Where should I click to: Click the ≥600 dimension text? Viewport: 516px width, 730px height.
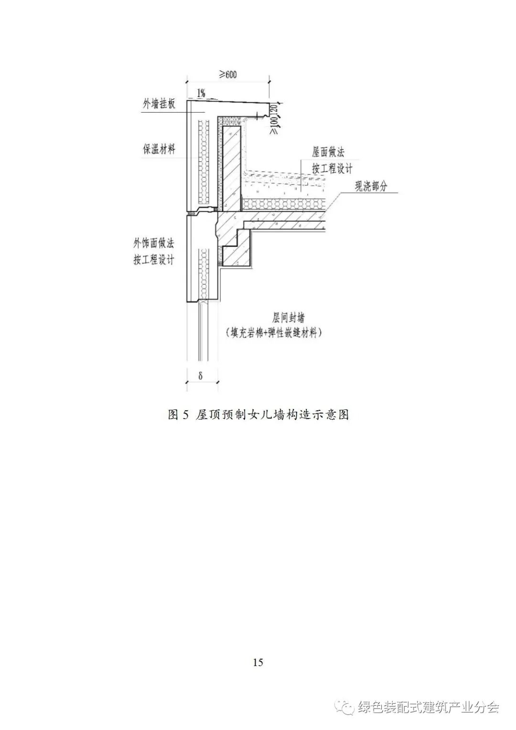pyautogui.click(x=228, y=75)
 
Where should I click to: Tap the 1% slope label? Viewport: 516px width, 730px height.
pyautogui.click(x=201, y=93)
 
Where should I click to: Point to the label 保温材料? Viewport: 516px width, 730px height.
pyautogui.click(x=159, y=149)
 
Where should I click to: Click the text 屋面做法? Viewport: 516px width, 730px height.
pyautogui.click(x=328, y=152)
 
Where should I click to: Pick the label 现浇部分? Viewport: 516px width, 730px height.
pyautogui.click(x=370, y=186)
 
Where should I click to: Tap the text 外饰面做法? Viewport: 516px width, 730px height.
pyautogui.click(x=154, y=243)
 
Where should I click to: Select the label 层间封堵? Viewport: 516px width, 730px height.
pyautogui.click(x=289, y=318)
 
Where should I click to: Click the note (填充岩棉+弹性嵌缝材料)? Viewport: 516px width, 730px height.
pyautogui.click(x=274, y=333)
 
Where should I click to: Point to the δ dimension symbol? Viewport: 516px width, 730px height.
pyautogui.click(x=201, y=376)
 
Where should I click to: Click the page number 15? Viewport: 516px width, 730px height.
pyautogui.click(x=258, y=662)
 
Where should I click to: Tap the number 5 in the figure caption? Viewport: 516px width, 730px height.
pyautogui.click(x=186, y=414)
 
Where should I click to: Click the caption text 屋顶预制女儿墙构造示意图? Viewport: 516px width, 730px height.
pyautogui.click(x=272, y=414)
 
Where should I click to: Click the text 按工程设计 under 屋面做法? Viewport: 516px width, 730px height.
pyautogui.click(x=333, y=169)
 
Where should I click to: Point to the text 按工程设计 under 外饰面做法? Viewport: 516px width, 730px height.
pyautogui.click(x=154, y=260)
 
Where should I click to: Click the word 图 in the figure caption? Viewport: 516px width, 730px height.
pyautogui.click(x=173, y=414)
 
